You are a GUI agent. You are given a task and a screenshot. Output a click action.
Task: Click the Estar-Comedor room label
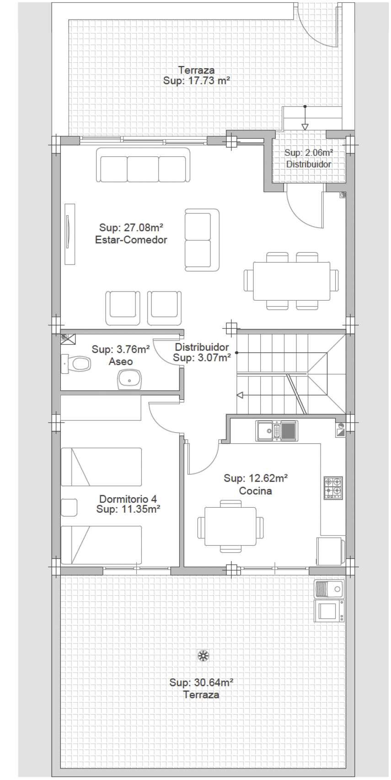pyautogui.click(x=131, y=240)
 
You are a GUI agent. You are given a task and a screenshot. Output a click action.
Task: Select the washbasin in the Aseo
pyautogui.click(x=129, y=380)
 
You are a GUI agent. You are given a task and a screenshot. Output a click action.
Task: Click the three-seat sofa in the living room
pyautogui.click(x=143, y=165)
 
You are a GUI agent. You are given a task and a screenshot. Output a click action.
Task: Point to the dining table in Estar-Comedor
pyautogui.click(x=291, y=281)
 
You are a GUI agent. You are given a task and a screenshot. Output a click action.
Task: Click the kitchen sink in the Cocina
pyautogui.click(x=277, y=430)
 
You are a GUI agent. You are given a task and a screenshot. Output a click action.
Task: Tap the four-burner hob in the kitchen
pyautogui.click(x=333, y=488)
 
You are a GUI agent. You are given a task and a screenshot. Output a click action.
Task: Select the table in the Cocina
pyautogui.click(x=230, y=526)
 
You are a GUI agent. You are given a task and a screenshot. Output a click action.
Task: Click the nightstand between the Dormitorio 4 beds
pyautogui.click(x=69, y=507)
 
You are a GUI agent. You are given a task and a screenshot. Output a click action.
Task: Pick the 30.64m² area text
pyautogui.click(x=201, y=682)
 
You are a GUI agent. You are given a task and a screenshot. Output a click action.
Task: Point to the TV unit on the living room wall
pyautogui.click(x=70, y=234)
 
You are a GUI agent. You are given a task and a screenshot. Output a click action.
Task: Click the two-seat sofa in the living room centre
pyautogui.click(x=202, y=240)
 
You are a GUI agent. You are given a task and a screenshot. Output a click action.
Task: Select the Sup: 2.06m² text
pyautogui.click(x=308, y=153)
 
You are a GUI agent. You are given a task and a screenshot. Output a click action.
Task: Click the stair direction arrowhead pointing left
pyautogui.click(x=240, y=395)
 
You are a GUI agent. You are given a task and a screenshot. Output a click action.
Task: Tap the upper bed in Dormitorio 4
pyautogui.click(x=102, y=467)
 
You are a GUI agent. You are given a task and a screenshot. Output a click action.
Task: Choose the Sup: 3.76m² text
pyautogui.click(x=121, y=349)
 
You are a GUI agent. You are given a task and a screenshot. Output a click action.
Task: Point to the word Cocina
pyautogui.click(x=256, y=491)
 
